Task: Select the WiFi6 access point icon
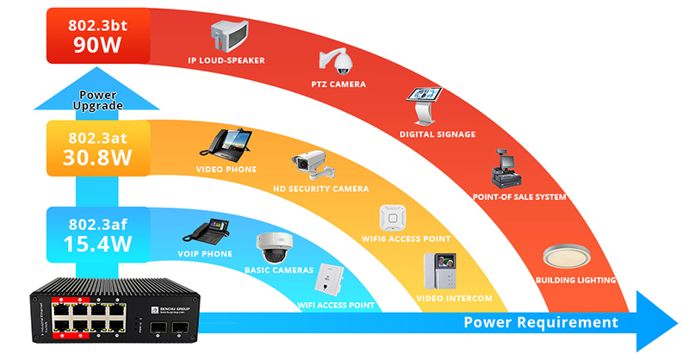(394, 217)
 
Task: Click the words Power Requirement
(541, 323)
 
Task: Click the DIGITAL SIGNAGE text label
(438, 134)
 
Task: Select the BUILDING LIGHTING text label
(576, 281)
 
